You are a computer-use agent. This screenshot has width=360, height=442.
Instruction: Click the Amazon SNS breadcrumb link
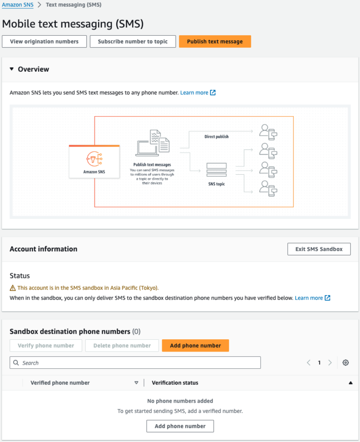(18, 5)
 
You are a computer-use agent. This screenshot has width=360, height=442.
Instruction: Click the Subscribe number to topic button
(133, 41)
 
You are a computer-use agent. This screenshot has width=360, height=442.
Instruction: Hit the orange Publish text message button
(215, 41)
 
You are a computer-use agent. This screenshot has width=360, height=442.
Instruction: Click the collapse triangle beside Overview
(12, 69)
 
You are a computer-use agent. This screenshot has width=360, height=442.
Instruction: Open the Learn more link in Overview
(194, 93)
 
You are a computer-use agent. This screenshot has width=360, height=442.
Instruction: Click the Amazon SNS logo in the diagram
(94, 158)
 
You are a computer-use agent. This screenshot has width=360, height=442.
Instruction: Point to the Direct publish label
(217, 136)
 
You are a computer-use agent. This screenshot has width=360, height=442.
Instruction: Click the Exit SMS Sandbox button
(319, 249)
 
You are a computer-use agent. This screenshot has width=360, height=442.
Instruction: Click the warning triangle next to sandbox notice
(13, 288)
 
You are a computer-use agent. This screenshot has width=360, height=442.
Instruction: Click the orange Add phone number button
(195, 345)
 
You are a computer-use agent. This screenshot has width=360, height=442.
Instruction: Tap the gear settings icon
(345, 363)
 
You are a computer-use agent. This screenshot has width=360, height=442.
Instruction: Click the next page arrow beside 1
(330, 363)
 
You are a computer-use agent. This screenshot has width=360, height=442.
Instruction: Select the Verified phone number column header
(60, 383)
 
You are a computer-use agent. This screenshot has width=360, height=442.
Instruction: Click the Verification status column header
(175, 383)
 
